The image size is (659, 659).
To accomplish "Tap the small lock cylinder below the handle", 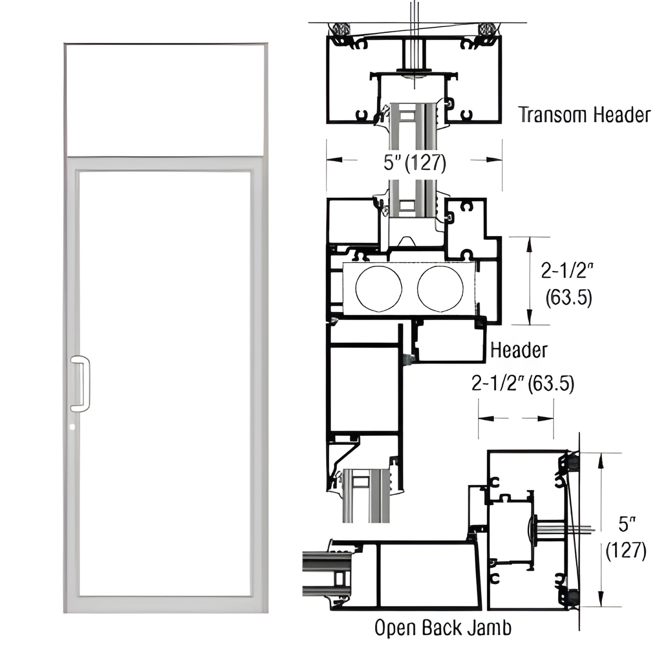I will coord(72,427).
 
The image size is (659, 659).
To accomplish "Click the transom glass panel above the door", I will coord(165,100).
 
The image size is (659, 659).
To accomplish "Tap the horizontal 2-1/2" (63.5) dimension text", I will coord(523,383).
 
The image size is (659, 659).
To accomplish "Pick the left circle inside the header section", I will coord(379,289).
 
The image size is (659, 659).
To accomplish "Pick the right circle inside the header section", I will coord(440,289).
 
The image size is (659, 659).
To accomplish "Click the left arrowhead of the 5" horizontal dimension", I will coord(334,160).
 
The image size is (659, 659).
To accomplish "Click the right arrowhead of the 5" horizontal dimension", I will coord(495,160).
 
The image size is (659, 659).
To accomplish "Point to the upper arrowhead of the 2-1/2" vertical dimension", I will coord(529,243).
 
